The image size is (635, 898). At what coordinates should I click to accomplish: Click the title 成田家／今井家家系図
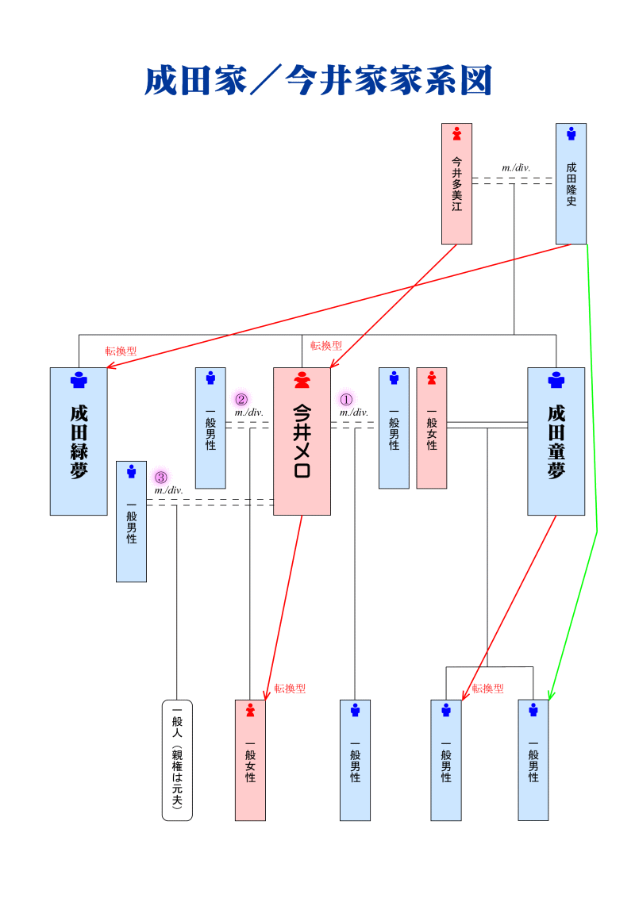coord(318,81)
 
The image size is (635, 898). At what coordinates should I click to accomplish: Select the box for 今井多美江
coord(456,183)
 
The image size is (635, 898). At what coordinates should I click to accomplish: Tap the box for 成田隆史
coord(571,183)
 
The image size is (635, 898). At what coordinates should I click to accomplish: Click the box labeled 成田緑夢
coord(79,441)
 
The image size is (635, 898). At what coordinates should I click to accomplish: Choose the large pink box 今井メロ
coord(302,441)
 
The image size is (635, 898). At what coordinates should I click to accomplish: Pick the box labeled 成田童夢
coord(556,441)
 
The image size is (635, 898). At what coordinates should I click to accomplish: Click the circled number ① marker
coord(346,399)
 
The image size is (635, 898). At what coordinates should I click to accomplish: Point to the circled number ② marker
coord(241,399)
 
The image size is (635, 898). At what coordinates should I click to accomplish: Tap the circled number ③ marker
coord(160,478)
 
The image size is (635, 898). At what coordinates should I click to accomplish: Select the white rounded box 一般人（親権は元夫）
coord(177,760)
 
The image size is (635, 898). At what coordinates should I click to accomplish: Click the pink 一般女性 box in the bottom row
coord(250,760)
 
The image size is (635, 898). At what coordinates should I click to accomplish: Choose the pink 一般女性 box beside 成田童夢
coord(432,428)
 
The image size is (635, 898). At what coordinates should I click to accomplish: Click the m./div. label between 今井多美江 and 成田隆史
coord(516,167)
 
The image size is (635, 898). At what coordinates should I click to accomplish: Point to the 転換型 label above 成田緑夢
coord(121,351)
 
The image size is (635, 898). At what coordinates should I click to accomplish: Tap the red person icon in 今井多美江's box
coord(456,134)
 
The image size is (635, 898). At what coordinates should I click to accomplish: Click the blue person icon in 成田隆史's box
coord(571,134)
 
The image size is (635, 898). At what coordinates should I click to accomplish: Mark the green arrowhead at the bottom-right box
coord(551,695)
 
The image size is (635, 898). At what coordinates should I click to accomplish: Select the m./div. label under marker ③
coord(169,490)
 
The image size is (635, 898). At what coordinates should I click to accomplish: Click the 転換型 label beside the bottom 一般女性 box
coord(290,689)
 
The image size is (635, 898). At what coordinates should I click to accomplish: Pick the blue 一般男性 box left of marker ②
coord(210,428)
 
